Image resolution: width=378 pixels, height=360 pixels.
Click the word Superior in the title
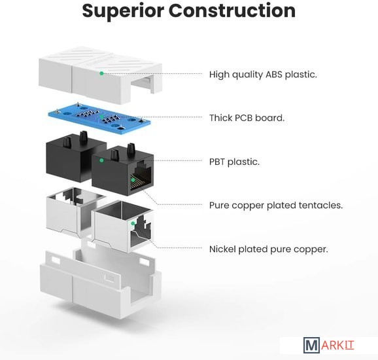pos(123,10)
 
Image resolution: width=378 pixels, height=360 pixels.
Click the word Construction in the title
pos(232,10)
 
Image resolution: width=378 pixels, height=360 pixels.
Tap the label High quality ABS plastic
pos(263,75)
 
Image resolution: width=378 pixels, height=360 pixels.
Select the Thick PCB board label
pos(247,118)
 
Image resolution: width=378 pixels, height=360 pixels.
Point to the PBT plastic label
pos(234,162)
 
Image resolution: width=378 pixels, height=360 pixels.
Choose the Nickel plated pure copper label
pos(269,249)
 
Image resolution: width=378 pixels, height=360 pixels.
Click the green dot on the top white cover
pos(102,73)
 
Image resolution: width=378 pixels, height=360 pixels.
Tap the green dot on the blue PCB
pos(102,117)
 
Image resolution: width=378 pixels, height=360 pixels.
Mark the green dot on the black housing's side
pos(102,160)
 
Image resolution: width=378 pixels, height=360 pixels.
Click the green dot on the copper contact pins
pos(133,180)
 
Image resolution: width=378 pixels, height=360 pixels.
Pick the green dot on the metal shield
pos(133,223)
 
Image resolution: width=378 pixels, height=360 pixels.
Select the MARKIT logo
pos(328,345)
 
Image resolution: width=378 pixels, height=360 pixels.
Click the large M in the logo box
pos(311,346)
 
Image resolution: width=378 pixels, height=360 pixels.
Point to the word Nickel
pos(222,249)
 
